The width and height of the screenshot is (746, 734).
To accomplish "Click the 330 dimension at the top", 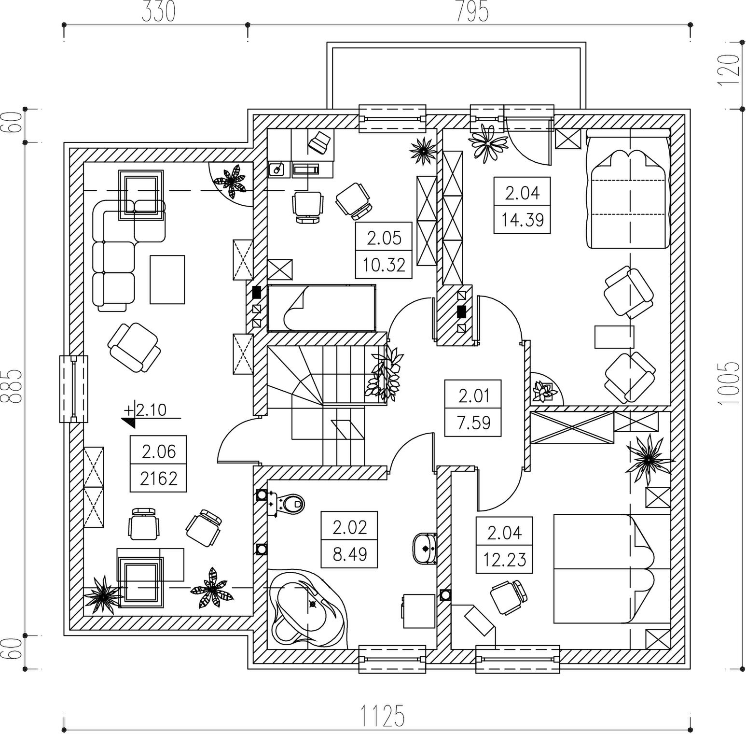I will pyautogui.click(x=158, y=12).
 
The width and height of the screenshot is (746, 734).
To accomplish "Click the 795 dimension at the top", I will pyautogui.click(x=472, y=12).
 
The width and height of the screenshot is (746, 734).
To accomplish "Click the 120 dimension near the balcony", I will pyautogui.click(x=729, y=70).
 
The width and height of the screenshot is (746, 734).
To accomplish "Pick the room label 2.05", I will pyautogui.click(x=384, y=238).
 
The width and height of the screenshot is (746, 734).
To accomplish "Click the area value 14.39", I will pyautogui.click(x=522, y=220).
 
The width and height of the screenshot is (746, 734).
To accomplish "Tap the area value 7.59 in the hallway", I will pyautogui.click(x=473, y=423).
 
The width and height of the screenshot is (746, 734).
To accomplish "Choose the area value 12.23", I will pyautogui.click(x=504, y=560).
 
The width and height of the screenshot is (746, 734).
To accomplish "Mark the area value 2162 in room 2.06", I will pyautogui.click(x=159, y=479).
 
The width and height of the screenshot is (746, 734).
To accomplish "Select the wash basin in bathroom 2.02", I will pyautogui.click(x=425, y=548).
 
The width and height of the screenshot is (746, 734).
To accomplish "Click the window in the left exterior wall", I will pyautogui.click(x=74, y=389).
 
